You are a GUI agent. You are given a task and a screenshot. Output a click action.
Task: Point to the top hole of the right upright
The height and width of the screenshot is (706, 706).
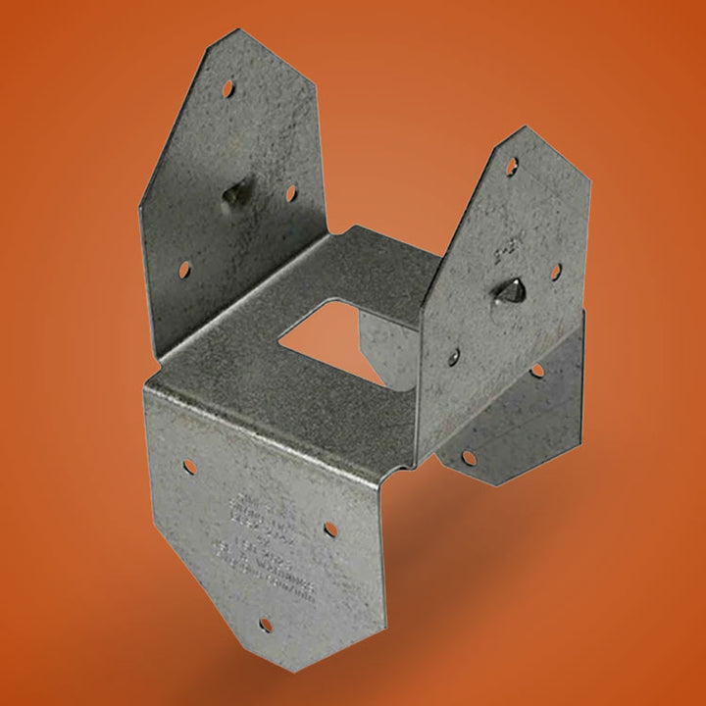[512, 167]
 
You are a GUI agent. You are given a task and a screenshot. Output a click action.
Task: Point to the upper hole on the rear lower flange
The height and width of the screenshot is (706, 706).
[535, 371]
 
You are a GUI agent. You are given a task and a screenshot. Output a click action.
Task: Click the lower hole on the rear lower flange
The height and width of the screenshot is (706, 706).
[469, 458]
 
